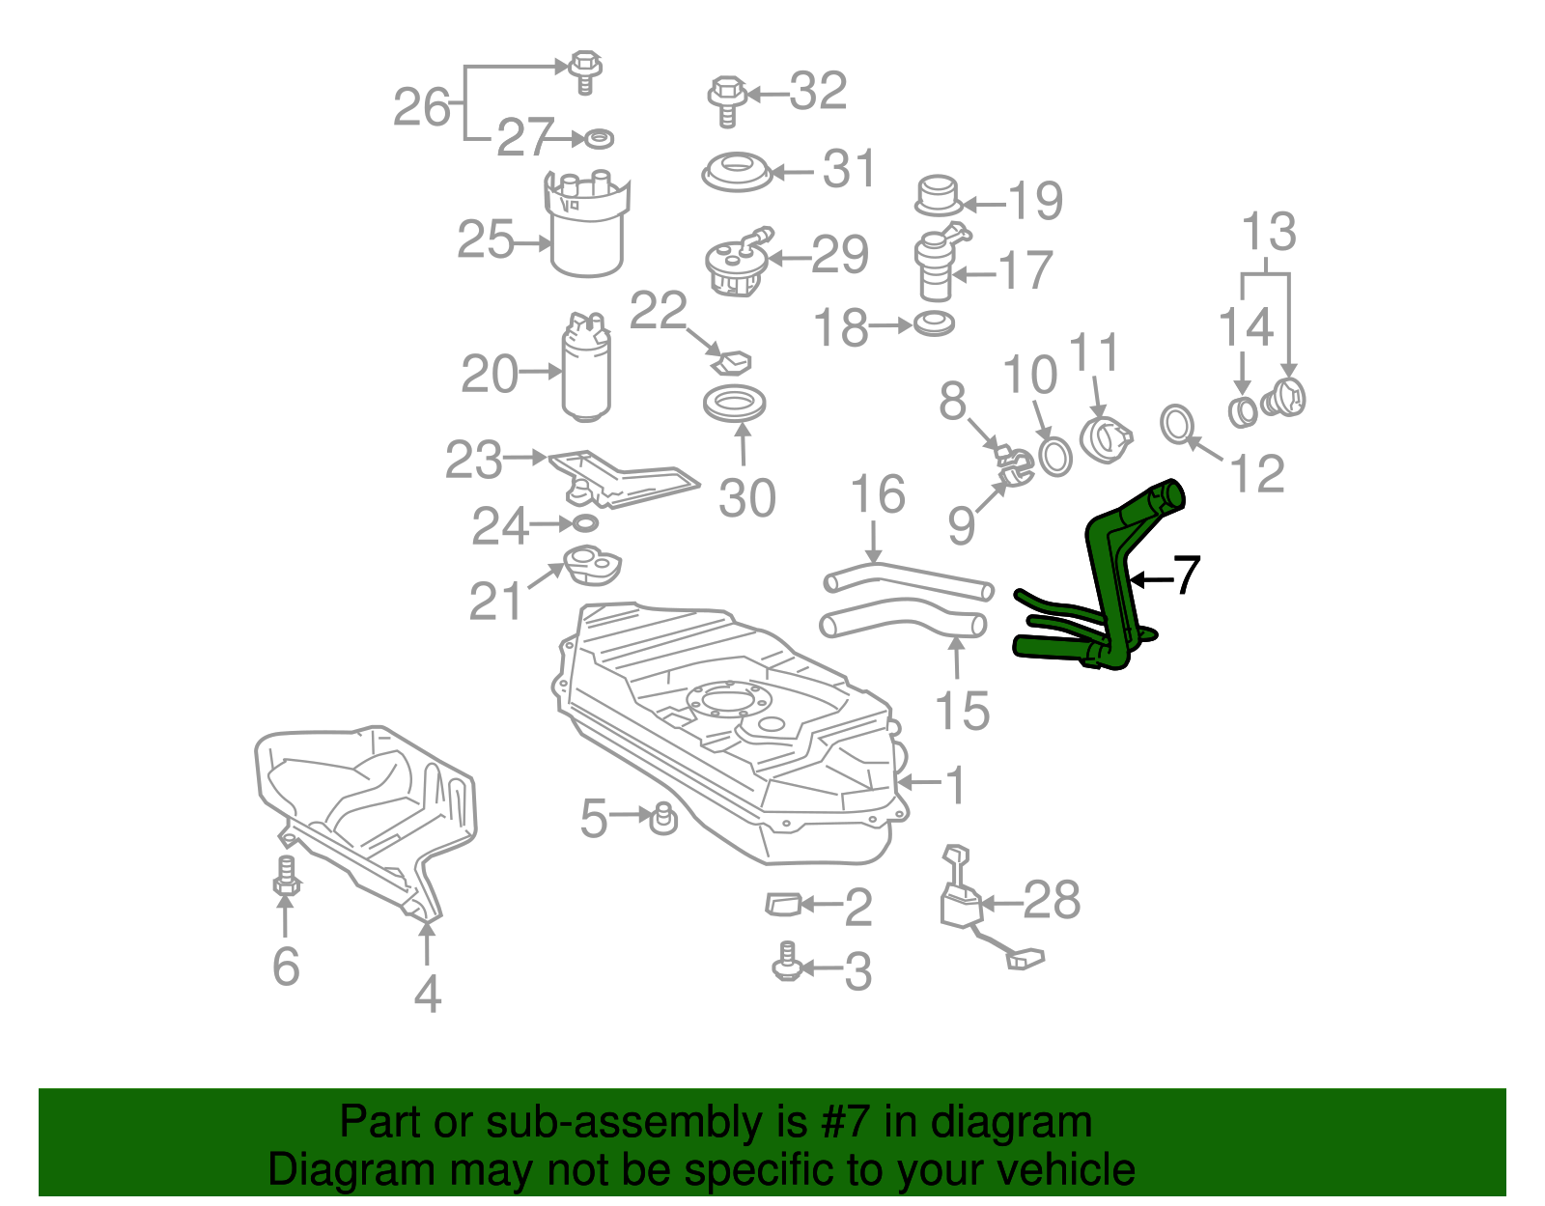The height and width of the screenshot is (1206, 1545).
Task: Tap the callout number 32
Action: click(x=818, y=92)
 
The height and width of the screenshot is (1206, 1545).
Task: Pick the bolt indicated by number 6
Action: click(x=286, y=877)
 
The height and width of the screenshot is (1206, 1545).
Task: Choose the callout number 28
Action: click(x=1052, y=901)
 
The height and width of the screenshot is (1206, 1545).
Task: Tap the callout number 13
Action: click(x=1268, y=233)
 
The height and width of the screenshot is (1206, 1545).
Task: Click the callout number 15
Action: click(x=962, y=712)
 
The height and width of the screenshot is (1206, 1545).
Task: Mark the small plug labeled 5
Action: click(x=663, y=818)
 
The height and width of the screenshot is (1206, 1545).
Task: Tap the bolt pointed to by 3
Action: click(x=788, y=963)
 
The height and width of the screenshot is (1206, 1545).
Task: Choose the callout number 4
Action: click(x=427, y=994)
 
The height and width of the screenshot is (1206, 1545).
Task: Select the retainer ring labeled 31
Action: click(x=736, y=173)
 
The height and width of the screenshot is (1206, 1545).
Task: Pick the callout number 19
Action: click(x=1035, y=201)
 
